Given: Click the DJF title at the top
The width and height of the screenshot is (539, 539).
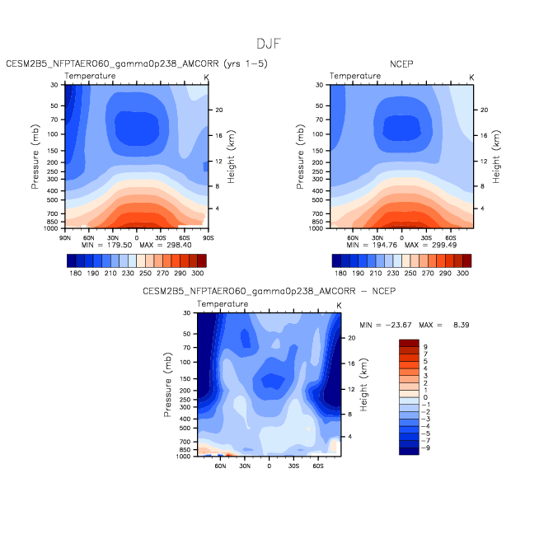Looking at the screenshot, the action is tap(269, 44).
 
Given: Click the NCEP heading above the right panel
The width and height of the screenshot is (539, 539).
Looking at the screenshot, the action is tap(401, 64).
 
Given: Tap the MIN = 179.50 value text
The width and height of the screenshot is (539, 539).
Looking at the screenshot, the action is tap(106, 245).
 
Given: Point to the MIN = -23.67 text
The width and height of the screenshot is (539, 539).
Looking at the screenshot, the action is tap(386, 325).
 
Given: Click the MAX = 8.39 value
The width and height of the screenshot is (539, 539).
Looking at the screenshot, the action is tap(444, 325).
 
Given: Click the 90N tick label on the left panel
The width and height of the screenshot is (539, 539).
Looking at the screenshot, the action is tap(64, 238).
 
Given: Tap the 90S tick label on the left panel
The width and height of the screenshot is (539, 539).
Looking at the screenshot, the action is tap(208, 238).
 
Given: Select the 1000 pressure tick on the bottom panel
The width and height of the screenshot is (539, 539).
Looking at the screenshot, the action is tap(183, 457).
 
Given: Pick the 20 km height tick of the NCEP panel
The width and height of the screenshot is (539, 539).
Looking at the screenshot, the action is tap(484, 110).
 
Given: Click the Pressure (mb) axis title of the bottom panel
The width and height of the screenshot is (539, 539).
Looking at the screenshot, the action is tap(167, 384).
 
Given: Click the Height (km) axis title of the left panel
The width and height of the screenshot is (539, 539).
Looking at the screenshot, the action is tap(231, 157).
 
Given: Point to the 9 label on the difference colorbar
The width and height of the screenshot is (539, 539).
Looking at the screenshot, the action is tap(425, 347).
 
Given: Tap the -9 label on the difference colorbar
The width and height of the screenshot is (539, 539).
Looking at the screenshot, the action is tap(425, 448).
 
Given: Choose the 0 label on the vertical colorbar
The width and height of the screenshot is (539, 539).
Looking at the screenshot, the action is tap(425, 397).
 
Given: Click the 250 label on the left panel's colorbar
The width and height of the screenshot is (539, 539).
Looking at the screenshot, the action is tap(145, 274).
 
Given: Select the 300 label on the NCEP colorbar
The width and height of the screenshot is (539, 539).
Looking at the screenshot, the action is tap(462, 274).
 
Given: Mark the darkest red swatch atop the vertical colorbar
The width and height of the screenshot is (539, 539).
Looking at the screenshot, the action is tap(409, 343).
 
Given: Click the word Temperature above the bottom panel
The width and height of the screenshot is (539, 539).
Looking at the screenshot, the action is tap(223, 304).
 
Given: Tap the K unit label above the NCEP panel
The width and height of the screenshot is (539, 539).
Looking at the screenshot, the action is tap(471, 77).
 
